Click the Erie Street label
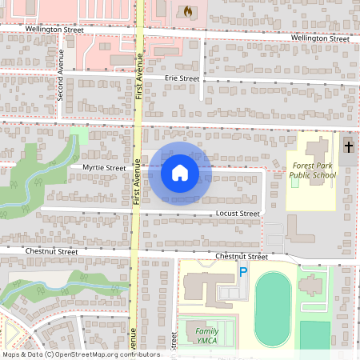182,78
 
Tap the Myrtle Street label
104,168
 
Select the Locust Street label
238,214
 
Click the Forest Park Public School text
313,170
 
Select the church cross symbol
349,146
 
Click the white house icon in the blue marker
180,172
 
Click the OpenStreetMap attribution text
80,354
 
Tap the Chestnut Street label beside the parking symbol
241,257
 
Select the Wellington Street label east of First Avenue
320,38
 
